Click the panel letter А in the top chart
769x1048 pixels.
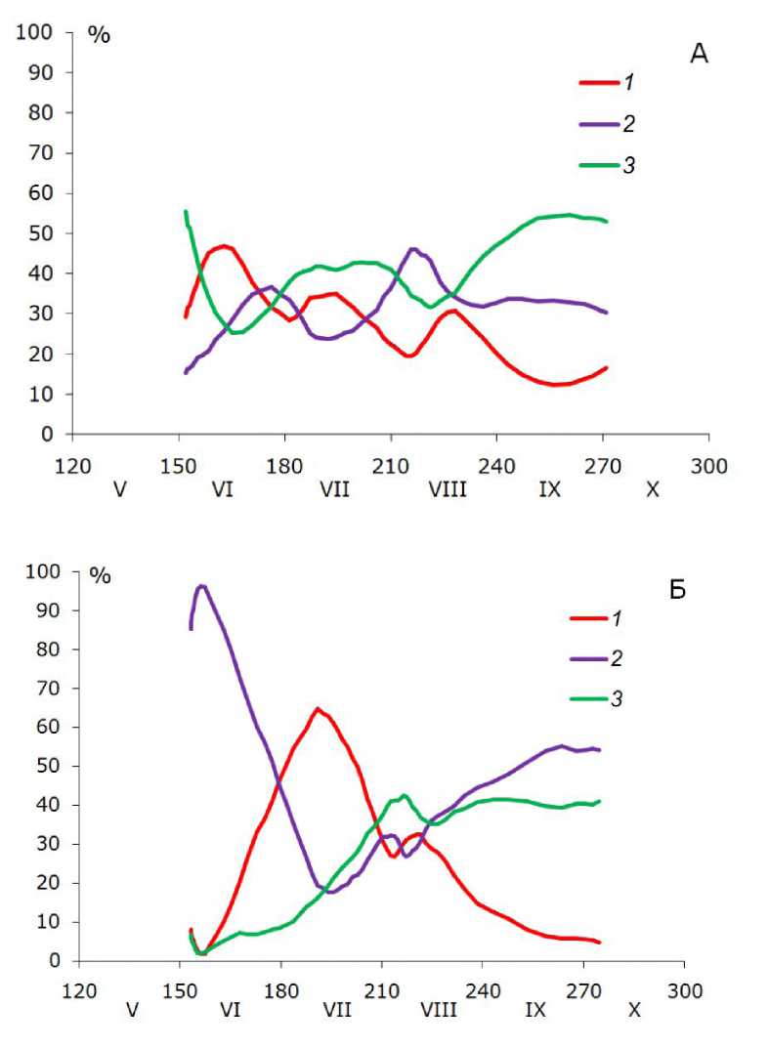(x=699, y=55)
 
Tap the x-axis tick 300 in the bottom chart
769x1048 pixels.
(x=684, y=992)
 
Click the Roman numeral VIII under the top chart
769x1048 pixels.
(x=447, y=489)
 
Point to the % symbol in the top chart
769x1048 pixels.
(x=100, y=34)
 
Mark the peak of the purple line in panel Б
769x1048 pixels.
(x=202, y=586)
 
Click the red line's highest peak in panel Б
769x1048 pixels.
(x=317, y=709)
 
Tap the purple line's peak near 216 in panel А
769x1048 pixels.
(x=413, y=249)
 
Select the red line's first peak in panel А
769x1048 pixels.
(x=225, y=246)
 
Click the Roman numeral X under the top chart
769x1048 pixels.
(x=653, y=489)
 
